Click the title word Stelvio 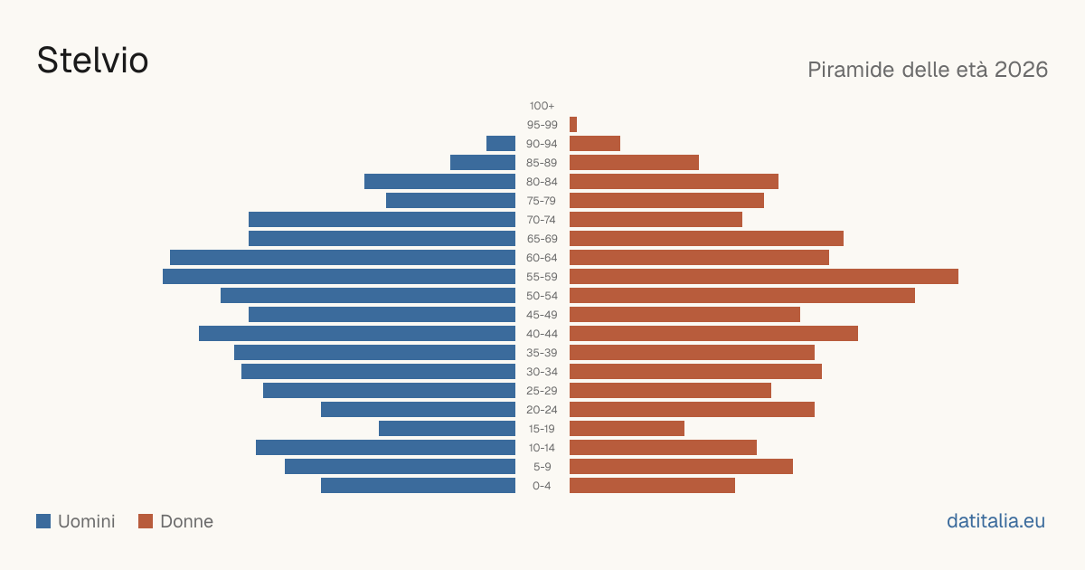coord(92,60)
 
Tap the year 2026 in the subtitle coord(1021,70)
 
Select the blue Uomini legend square coord(43,521)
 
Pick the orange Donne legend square coord(146,521)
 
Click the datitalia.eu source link coord(995,521)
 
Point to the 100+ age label coord(542,106)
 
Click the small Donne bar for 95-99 coord(573,125)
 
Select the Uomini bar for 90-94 coord(501,144)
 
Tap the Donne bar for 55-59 coord(764,276)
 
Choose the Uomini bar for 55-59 coord(339,276)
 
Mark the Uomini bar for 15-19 coord(447,429)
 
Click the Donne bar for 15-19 coord(627,429)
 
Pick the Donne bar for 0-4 coord(652,486)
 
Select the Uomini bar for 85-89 coord(483,162)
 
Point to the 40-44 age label coord(542,334)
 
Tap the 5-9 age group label coord(542,467)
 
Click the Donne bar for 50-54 coord(742,296)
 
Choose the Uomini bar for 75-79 coord(450,201)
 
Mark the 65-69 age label coord(542,239)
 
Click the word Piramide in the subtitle coord(851,70)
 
